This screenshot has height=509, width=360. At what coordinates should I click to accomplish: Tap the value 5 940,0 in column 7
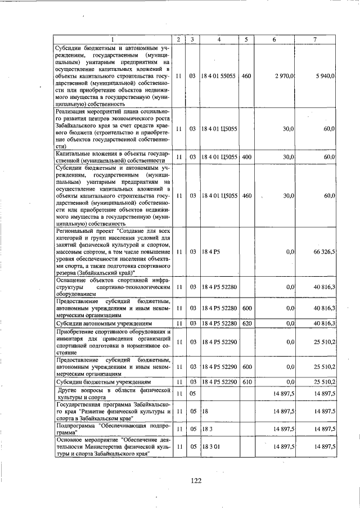325,75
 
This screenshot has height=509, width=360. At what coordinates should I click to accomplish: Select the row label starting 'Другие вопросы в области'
112,393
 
